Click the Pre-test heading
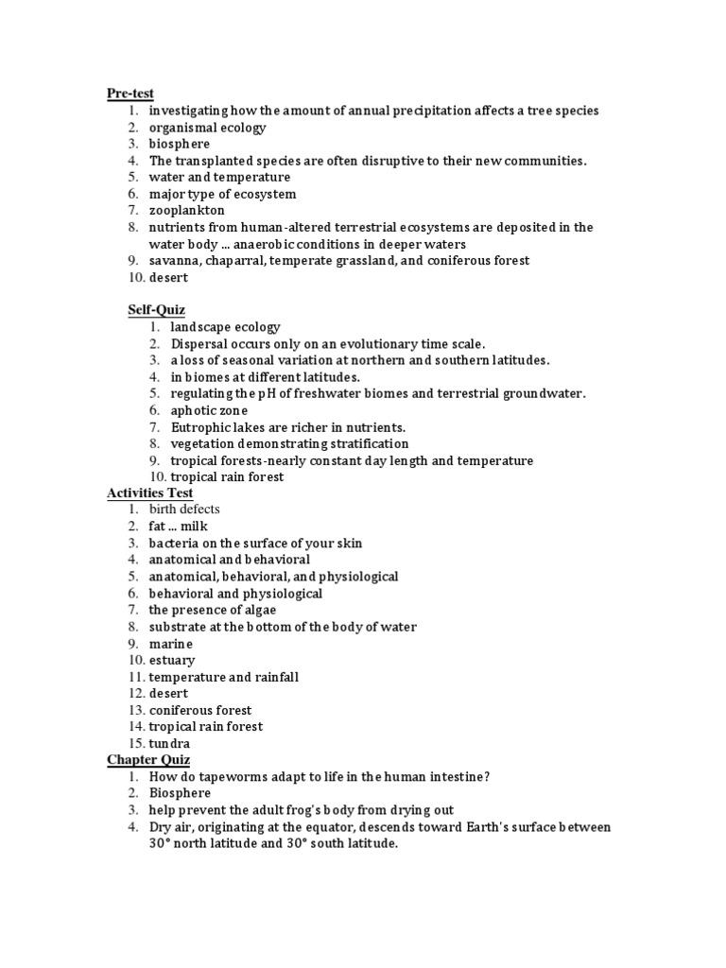[130, 94]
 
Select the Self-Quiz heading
[157, 309]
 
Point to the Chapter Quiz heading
[148, 760]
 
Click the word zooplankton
[187, 211]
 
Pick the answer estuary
[172, 661]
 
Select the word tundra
[169, 744]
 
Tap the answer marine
[170, 644]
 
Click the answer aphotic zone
[209, 410]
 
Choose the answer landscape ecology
[226, 327]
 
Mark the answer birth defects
[184, 510]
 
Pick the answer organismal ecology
[207, 128]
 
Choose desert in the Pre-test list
[168, 277]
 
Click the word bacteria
[173, 544]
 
